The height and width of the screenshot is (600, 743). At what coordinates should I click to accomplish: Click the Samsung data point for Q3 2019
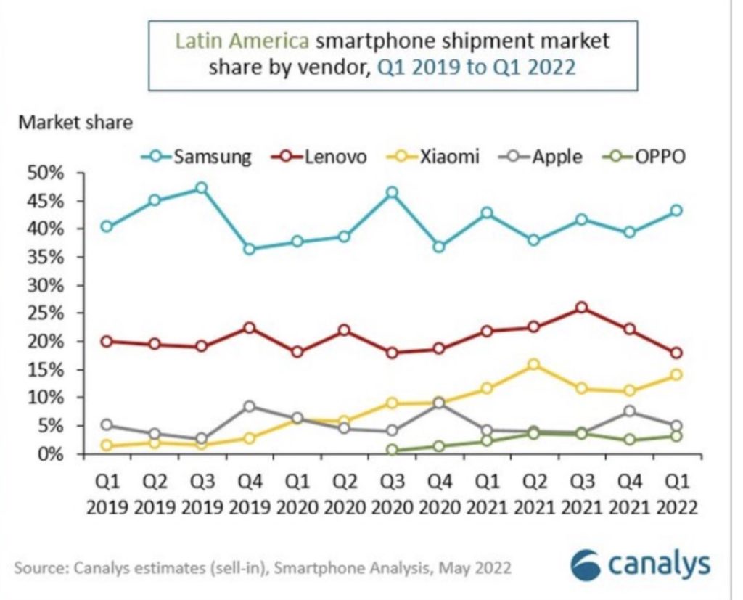[x=201, y=189]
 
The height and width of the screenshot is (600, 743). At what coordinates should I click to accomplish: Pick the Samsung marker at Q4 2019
[x=249, y=249]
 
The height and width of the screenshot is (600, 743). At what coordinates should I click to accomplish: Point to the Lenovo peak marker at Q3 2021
[x=581, y=308]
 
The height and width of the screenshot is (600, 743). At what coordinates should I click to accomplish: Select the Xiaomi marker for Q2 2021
[x=533, y=364]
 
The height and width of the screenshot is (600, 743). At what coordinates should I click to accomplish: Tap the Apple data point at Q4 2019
[x=249, y=406]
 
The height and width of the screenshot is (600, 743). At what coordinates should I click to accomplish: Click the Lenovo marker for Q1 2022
[x=676, y=353]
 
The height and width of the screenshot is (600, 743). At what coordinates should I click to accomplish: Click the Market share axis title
[x=75, y=122]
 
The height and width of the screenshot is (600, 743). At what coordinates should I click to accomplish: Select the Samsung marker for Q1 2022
[x=676, y=210]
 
